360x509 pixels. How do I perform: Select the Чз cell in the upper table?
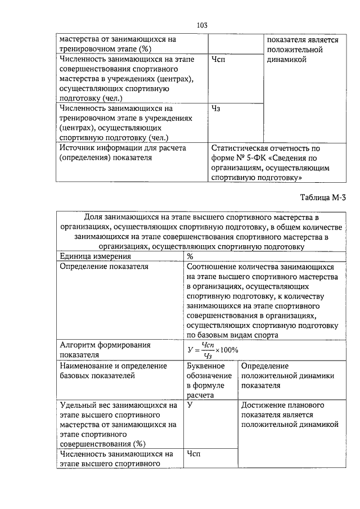(215, 109)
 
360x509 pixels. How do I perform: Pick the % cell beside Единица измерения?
(190, 256)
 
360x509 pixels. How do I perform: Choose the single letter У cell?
(190, 405)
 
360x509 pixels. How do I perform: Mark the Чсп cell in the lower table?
(194, 453)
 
